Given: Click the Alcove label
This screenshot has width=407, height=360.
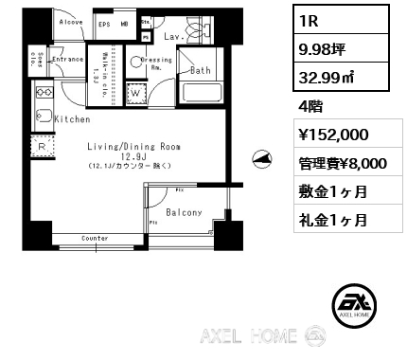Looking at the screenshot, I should coord(70,21).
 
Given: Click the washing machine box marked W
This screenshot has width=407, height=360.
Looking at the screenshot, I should coord(133,94).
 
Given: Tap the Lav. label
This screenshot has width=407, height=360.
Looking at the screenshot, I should coord(172,36).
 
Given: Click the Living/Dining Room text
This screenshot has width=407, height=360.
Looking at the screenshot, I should coord(133,147).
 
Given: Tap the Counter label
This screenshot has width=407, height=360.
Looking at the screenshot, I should coord(95,238).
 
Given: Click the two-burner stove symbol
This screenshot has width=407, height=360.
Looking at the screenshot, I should coord(44,92).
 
